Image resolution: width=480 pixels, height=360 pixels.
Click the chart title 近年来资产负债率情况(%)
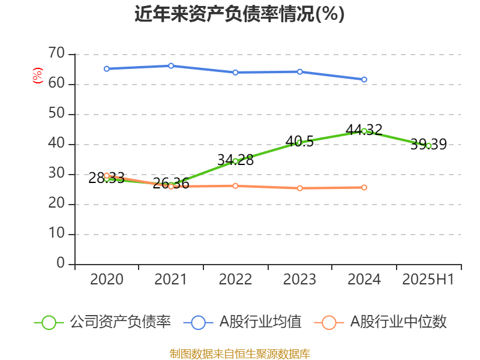point(239,14)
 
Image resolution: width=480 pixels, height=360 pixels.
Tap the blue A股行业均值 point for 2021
point(171,65)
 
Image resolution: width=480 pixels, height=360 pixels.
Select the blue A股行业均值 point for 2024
point(364,79)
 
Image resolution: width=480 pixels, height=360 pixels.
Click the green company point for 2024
point(364,131)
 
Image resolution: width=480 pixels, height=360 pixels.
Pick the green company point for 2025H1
point(428,145)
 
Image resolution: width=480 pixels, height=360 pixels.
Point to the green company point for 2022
point(235,161)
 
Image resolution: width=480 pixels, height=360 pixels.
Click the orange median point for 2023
point(299,188)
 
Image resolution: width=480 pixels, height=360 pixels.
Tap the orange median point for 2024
point(364,187)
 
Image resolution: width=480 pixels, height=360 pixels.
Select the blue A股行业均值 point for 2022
point(235,72)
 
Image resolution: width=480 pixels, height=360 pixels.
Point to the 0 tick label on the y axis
point(60,264)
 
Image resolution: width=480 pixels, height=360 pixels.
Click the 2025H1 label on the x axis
point(428,280)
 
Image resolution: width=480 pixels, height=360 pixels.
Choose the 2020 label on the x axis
point(107,280)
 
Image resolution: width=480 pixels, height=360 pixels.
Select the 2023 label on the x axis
point(299,280)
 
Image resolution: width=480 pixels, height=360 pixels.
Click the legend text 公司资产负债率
point(121,322)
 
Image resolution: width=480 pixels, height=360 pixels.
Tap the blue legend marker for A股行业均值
point(202,322)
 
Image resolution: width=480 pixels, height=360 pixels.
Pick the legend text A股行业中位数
point(399,322)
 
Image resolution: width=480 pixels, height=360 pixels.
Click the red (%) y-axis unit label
point(38,76)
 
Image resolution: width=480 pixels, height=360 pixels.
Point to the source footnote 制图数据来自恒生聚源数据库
point(239,353)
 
